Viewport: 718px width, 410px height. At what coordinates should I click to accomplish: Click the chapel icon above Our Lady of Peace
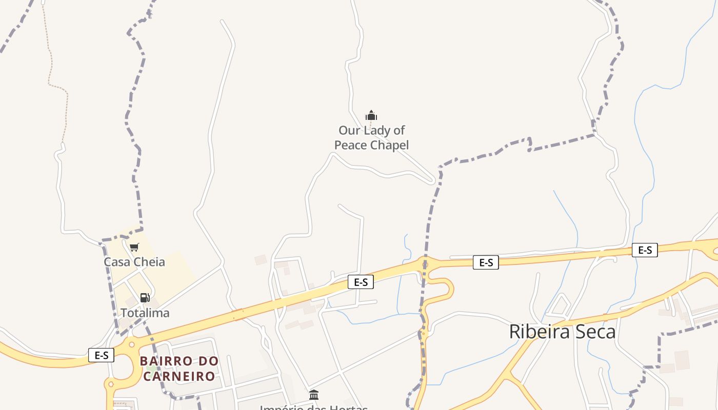[x=371, y=115]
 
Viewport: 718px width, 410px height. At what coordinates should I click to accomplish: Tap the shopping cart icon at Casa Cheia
[x=134, y=248]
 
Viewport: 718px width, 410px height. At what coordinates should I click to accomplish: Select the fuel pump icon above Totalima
[x=145, y=298]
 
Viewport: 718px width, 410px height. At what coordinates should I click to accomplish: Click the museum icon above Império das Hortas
[x=314, y=395]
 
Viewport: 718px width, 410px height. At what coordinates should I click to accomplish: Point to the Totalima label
[x=145, y=313]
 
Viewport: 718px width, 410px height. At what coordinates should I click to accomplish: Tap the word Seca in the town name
[x=595, y=332]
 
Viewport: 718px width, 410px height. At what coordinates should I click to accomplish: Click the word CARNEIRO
[x=179, y=376]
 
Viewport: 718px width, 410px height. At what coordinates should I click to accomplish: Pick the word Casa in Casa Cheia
[x=115, y=262]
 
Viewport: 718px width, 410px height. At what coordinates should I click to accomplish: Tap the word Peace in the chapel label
[x=351, y=145]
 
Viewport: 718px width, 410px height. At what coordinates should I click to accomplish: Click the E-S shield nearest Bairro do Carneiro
[x=101, y=355]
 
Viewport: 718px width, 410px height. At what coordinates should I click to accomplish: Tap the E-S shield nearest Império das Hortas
[x=361, y=282]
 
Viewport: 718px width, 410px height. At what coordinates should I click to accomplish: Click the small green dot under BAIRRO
[x=151, y=367]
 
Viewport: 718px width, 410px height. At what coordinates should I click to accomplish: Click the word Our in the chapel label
[x=349, y=130]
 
